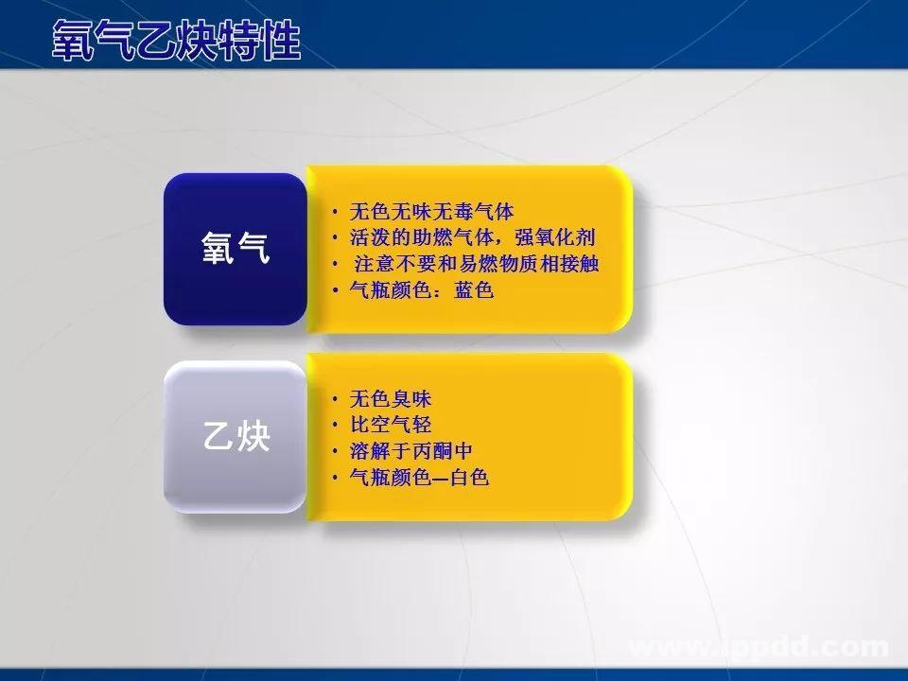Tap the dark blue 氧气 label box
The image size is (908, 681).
pyautogui.click(x=236, y=249)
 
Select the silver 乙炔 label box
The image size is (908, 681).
pyautogui.click(x=236, y=437)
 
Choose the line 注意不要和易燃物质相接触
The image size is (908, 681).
pyautogui.click(x=477, y=264)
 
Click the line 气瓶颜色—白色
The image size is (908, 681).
pyautogui.click(x=418, y=478)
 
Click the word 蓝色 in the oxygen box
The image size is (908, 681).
pyautogui.click(x=474, y=290)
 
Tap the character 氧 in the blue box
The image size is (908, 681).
pyautogui.click(x=218, y=249)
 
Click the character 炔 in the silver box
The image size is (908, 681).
pyautogui.click(x=253, y=437)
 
